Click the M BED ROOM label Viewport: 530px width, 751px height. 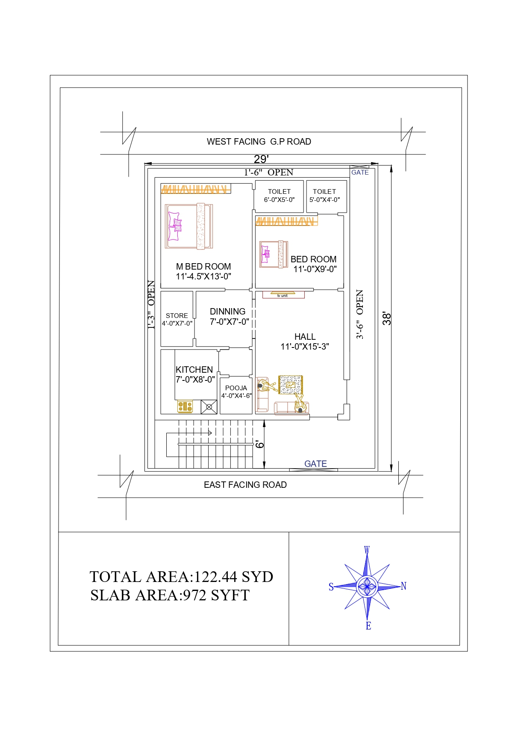[203, 267]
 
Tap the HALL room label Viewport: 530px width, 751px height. [305, 337]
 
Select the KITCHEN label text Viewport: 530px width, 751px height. [194, 370]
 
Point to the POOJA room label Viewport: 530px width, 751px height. [236, 388]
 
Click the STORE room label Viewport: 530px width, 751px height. [177, 316]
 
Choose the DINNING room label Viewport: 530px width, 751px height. [227, 312]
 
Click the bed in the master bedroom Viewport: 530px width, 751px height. [189, 226]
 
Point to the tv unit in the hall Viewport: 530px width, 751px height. [283, 294]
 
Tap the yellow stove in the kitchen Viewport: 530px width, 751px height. [185, 407]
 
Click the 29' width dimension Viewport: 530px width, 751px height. [261, 159]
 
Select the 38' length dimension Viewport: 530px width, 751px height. [387, 318]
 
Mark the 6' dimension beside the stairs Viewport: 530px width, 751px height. [259, 444]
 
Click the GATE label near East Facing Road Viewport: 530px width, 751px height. [315, 464]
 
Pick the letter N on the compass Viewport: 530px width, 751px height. [403, 586]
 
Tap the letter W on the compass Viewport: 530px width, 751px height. [367, 550]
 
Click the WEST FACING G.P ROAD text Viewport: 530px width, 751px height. [259, 142]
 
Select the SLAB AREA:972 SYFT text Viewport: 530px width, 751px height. [170, 595]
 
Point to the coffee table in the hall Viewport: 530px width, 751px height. [291, 385]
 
